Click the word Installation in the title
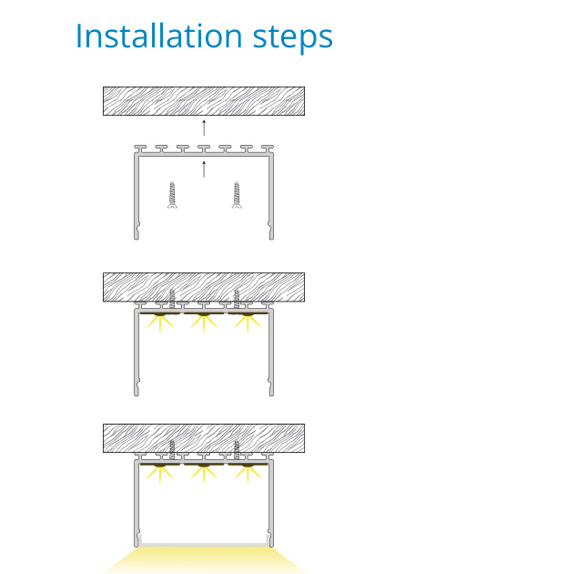[x=150, y=36]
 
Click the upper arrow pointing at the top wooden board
[x=204, y=127]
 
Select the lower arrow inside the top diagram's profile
[x=204, y=168]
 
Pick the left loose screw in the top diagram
[x=171, y=195]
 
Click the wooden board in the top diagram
[x=204, y=100]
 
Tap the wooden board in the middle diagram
[x=204, y=286]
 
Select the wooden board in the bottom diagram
[x=204, y=437]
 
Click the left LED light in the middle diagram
[x=162, y=315]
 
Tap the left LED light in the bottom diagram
[x=162, y=466]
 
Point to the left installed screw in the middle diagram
[x=171, y=297]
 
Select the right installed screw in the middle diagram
[x=237, y=297]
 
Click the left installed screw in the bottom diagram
[x=171, y=448]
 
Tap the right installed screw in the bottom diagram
[x=237, y=448]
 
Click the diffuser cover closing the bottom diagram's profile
[x=204, y=545]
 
